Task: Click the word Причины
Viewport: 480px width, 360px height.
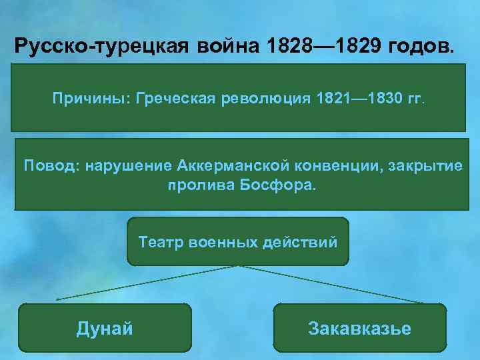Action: (91, 99)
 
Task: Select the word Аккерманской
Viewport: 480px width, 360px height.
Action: (235, 165)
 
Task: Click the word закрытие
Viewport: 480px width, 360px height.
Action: (423, 165)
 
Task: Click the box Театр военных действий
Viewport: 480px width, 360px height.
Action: (238, 241)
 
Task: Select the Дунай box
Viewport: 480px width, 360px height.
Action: (105, 328)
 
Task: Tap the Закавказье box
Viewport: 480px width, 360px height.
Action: (360, 328)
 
